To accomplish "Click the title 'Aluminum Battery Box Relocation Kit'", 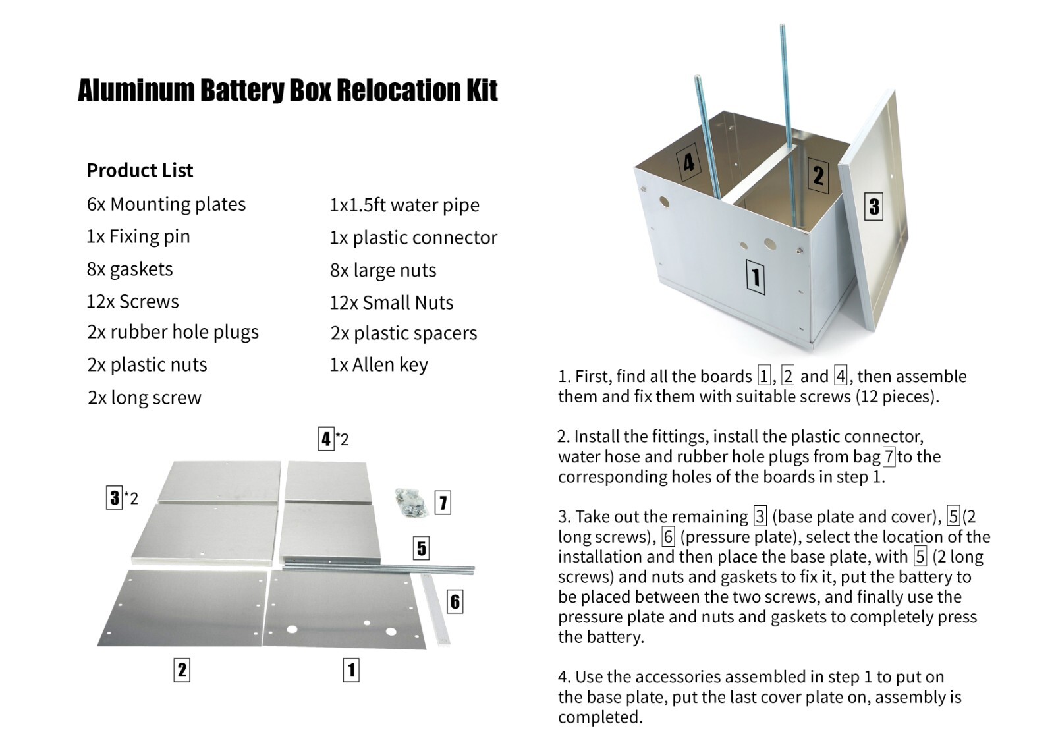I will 287,90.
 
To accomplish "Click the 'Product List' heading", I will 140,171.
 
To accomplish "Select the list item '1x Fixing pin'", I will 138,236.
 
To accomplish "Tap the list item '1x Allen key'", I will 379,365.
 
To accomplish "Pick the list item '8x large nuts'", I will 383,271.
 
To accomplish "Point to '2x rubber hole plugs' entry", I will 173,333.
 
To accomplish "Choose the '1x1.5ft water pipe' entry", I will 404,206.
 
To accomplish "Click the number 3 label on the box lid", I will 874,206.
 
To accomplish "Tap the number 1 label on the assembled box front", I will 756,277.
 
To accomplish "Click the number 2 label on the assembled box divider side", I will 818,175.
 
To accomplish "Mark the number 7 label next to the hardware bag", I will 443,503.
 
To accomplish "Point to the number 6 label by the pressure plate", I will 455,601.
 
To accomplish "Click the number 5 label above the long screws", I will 422,548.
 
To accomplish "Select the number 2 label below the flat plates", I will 182,670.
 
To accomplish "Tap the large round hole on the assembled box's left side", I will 664,202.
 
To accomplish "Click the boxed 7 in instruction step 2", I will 889,456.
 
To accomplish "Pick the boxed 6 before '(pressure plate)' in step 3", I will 668,537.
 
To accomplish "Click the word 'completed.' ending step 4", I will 600,717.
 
